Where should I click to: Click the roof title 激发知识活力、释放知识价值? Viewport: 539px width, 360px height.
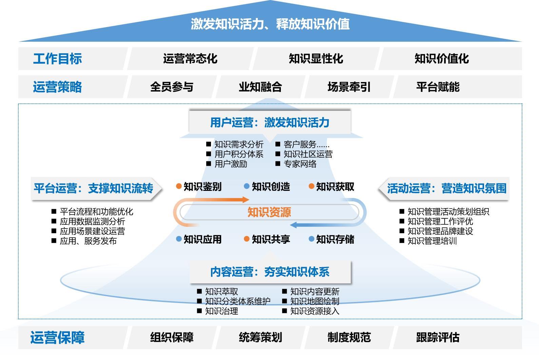click(x=270, y=24)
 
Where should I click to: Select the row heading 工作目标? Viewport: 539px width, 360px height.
click(x=58, y=59)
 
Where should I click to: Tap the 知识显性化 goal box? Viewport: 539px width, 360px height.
click(x=316, y=59)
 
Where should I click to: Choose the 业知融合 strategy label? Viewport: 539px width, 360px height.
click(x=261, y=87)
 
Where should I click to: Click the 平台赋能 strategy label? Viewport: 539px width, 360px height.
click(x=438, y=87)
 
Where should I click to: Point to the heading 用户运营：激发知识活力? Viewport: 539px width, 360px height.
click(x=270, y=122)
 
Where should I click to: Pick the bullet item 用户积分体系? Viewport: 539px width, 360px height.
click(x=239, y=154)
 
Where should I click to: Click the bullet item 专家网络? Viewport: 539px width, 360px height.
click(x=300, y=164)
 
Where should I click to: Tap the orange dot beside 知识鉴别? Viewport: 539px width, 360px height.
click(x=179, y=186)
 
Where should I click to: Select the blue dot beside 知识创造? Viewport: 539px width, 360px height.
click(x=247, y=186)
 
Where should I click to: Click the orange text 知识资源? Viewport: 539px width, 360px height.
click(x=269, y=212)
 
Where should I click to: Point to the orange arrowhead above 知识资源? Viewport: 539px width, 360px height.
click(x=246, y=200)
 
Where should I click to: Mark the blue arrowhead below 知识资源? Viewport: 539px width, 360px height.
click(x=293, y=225)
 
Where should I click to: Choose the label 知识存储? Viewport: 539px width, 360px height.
click(x=335, y=239)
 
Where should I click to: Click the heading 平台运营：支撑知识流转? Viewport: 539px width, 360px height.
click(x=93, y=188)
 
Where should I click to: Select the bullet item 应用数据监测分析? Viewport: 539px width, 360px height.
click(x=92, y=221)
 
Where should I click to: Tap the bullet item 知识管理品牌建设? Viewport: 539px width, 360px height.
click(x=440, y=231)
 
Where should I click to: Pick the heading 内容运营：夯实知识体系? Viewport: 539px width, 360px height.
click(x=270, y=272)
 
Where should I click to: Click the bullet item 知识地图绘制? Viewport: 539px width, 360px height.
click(x=315, y=301)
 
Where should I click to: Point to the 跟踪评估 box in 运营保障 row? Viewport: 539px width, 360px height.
click(x=457, y=337)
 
